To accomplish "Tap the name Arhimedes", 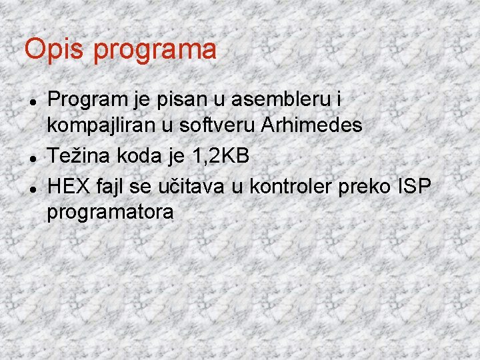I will [313, 124].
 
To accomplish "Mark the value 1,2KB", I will [219, 157].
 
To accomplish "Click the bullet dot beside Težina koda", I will [33, 157].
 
